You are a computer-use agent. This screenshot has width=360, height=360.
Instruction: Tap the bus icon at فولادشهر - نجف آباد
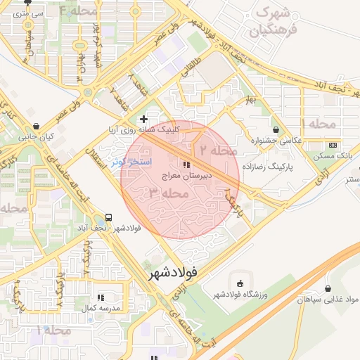point(109,217)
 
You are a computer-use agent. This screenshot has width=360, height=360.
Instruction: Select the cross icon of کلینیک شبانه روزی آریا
point(144,120)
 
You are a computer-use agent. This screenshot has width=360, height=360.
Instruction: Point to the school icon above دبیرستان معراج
point(186,165)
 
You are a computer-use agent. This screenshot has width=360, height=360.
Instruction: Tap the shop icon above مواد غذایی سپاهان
point(328,288)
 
